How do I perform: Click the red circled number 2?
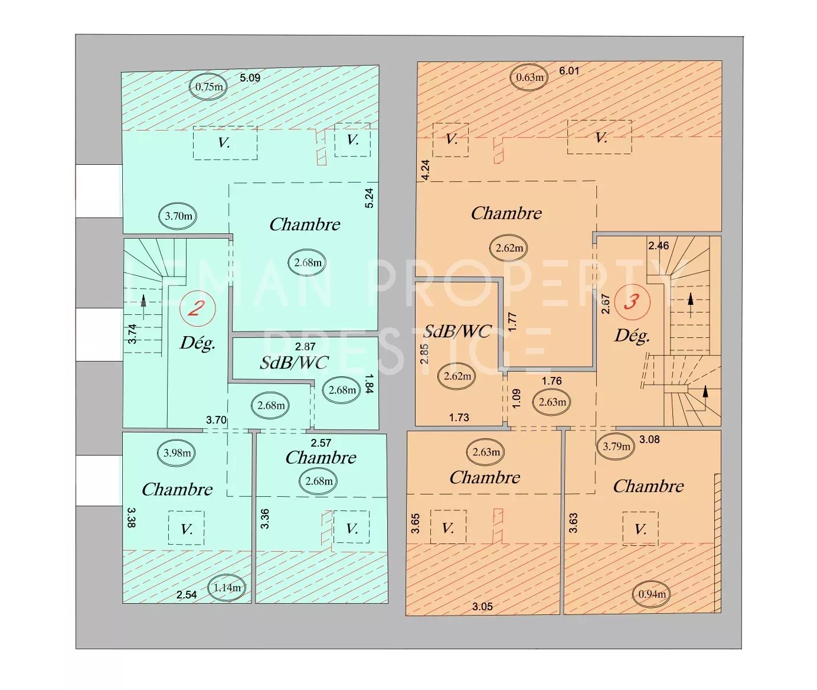coord(198,308)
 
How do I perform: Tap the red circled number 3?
coord(632,302)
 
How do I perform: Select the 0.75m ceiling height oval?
coord(208,86)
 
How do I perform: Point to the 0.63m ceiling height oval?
coord(529,77)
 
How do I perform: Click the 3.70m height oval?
coord(178,216)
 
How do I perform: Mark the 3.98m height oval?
coord(177,453)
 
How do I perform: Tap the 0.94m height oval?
coord(652,594)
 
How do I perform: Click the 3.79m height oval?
coord(616,446)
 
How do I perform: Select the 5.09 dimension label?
coord(250,77)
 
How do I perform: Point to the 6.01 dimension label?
coord(569,70)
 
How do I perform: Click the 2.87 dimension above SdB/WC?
coord(305,346)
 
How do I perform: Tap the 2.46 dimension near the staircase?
coord(659,246)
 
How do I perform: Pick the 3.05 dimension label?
coord(482,607)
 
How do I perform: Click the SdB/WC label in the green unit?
coord(294,363)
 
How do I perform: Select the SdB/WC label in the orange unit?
coord(457,331)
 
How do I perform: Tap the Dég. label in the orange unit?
coord(632,336)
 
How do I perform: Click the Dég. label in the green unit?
coord(198,343)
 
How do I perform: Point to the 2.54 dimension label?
coord(187,595)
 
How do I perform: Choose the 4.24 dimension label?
coord(426,170)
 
